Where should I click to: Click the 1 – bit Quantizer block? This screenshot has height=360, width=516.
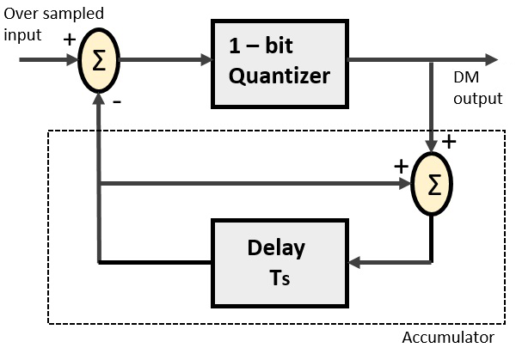279,64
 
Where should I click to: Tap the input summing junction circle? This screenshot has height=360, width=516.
100,61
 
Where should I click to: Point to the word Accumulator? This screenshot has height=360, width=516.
448,337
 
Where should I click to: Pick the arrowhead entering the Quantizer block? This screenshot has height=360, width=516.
206,60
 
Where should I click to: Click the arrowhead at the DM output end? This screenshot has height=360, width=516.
490,59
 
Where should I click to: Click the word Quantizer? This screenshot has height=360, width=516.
279,76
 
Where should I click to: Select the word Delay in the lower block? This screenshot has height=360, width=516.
275,248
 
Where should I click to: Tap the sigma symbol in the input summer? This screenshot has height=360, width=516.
100,61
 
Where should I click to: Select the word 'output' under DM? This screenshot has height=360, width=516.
478,98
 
